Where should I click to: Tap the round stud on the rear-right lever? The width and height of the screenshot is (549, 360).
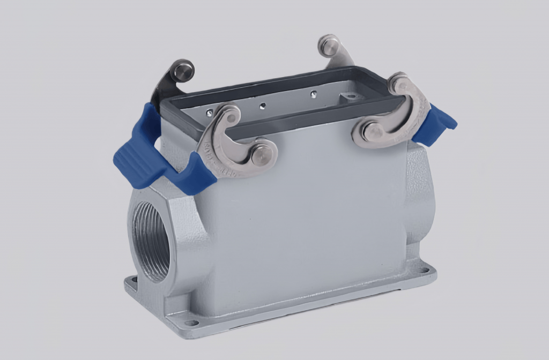pyautogui.click(x=328, y=46)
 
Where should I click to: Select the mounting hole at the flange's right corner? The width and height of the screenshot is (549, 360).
pyautogui.click(x=424, y=271)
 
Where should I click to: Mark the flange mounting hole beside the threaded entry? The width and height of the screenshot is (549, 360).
pyautogui.click(x=130, y=280)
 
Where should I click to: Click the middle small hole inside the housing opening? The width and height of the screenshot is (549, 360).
pyautogui.click(x=262, y=106)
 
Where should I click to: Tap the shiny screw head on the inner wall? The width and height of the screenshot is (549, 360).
pyautogui.click(x=209, y=112)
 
